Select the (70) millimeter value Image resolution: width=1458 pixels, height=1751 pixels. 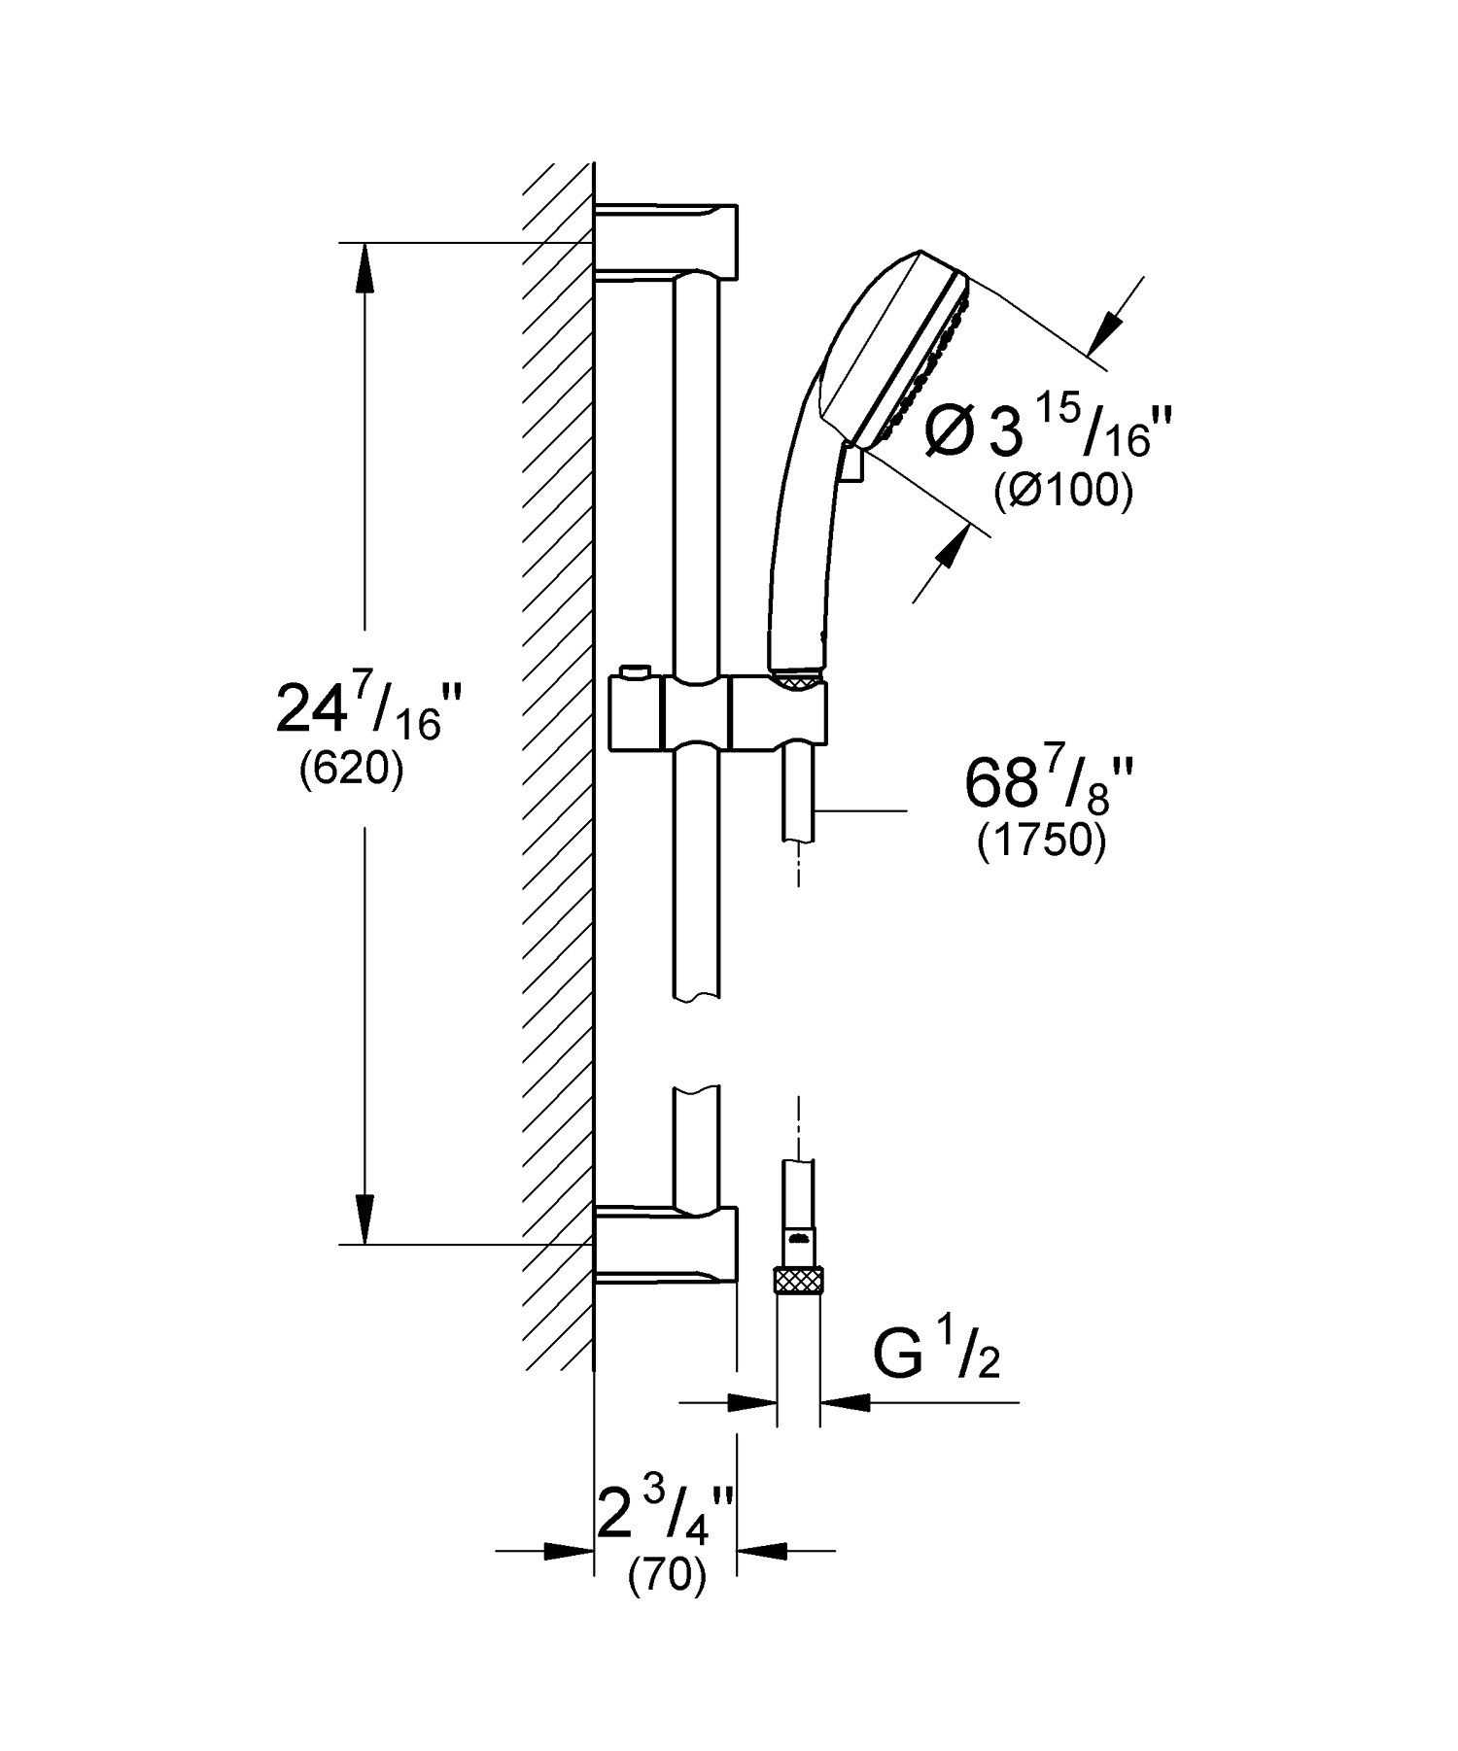[666, 1577]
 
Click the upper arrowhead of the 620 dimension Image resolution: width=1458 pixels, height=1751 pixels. [364, 266]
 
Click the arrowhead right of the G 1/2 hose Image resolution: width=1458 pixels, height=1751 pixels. [844, 1401]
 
